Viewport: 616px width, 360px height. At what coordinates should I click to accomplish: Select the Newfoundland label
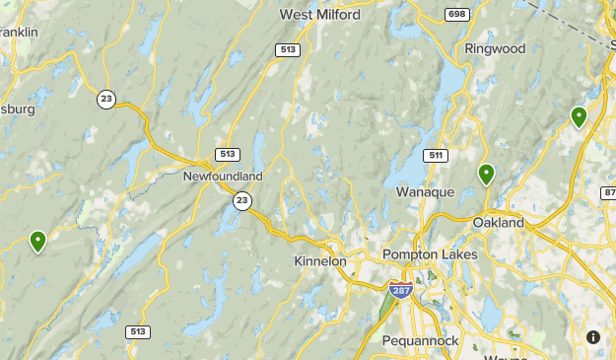(x=223, y=176)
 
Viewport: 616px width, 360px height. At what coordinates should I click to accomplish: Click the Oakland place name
(x=499, y=223)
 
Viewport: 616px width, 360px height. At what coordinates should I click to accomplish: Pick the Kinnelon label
(x=320, y=261)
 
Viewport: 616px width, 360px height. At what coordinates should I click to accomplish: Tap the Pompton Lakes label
(x=430, y=254)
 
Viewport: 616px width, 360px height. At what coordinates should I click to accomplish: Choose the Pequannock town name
(x=422, y=340)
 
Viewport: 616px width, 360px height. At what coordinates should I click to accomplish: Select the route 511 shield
(x=437, y=156)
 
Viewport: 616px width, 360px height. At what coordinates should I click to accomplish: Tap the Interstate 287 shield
(x=400, y=290)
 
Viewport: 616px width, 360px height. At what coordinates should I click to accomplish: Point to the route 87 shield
(x=608, y=191)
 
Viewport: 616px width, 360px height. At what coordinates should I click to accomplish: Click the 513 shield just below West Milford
(x=287, y=50)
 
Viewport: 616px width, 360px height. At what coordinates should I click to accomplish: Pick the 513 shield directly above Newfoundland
(x=228, y=154)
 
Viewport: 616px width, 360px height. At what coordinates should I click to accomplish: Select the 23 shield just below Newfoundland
(x=241, y=200)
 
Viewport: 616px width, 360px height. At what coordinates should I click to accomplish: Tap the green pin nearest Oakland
(x=486, y=175)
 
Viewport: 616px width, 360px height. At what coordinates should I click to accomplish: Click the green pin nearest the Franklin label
(x=37, y=240)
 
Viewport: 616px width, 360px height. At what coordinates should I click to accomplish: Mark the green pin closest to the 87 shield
(x=579, y=116)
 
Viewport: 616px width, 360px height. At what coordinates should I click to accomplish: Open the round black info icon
(x=593, y=337)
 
